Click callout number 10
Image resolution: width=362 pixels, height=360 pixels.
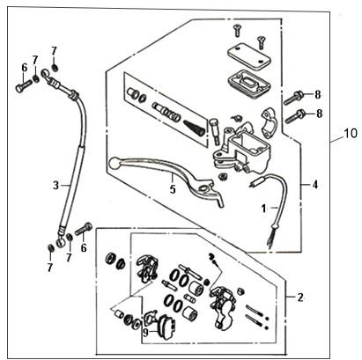[351, 133]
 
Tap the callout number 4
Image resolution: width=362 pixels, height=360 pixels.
[315, 185]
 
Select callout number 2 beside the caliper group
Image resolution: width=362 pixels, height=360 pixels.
[300, 298]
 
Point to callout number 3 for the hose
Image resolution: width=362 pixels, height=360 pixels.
[55, 185]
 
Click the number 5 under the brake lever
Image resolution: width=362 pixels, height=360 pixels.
[173, 189]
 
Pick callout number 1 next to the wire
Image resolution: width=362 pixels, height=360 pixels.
[263, 209]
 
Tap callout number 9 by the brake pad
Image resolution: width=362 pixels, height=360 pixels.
[146, 333]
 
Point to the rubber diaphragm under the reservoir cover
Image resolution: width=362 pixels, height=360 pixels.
[248, 83]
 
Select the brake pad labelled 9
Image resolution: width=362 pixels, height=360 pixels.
[166, 327]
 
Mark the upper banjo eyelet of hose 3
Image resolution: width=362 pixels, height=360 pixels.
[45, 73]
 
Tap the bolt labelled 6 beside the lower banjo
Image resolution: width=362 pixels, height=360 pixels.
[84, 229]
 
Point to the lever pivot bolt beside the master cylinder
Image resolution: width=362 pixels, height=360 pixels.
[215, 131]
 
